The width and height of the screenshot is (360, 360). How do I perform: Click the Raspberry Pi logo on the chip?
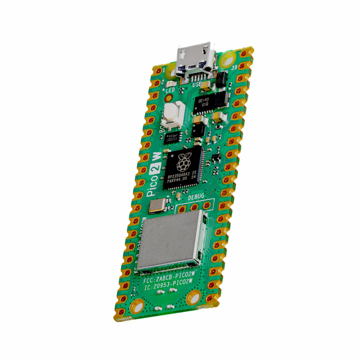(x=183, y=163)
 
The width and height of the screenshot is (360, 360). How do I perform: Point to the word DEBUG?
(x=195, y=197)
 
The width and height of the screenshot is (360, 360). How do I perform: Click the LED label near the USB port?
(x=170, y=91)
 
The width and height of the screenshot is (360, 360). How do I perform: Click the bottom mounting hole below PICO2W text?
(x=194, y=297)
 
